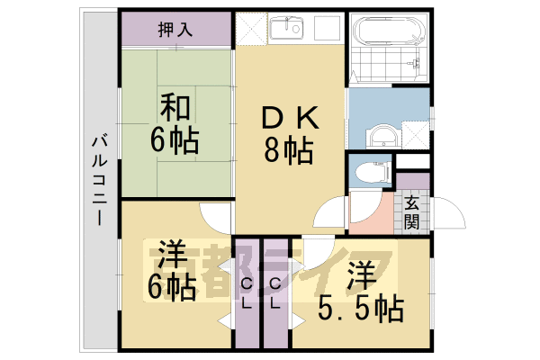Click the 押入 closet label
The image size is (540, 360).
click(175, 30)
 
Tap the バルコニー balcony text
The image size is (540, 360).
click(98, 180)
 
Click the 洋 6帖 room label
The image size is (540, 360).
click(171, 270)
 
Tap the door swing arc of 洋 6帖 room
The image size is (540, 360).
click(216, 216)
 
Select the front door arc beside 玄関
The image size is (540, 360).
click(450, 220)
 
